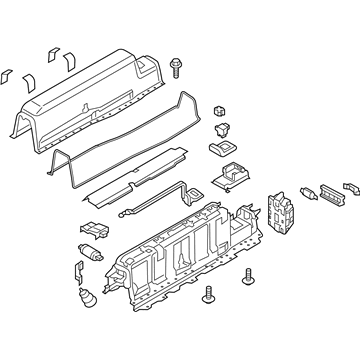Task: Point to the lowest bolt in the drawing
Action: [209, 320]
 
